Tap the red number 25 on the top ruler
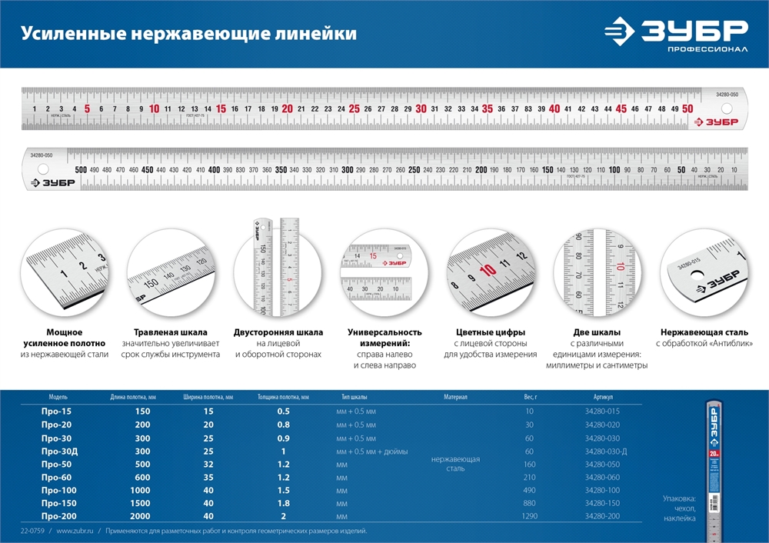click(x=354, y=108)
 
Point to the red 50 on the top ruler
click(x=687, y=108)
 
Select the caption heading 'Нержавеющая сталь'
click(x=704, y=332)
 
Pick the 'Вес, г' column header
click(x=529, y=398)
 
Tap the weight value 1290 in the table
click(x=529, y=516)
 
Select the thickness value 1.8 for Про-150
click(x=283, y=503)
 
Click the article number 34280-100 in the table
click(x=602, y=490)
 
